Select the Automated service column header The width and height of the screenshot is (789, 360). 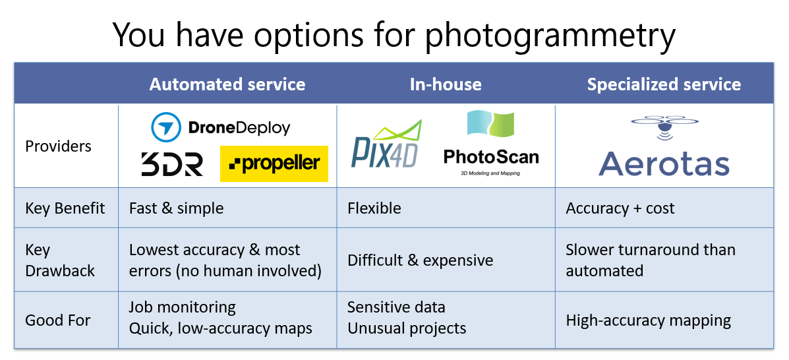coord(227,84)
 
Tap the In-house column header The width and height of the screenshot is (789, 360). coord(446,84)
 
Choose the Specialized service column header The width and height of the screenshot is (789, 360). coord(664,84)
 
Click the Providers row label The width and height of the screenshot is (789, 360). coord(59,146)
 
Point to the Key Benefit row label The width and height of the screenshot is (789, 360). coord(65,208)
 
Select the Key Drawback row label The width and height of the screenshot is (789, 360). coord(60,260)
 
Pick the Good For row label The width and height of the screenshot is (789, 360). coord(58,321)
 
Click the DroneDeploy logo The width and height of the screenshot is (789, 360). coord(221,127)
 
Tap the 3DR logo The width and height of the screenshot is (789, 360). coord(171,164)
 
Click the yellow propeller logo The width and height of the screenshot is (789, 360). coord(274,164)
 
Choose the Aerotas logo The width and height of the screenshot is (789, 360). coord(664,148)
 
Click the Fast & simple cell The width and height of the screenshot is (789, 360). coord(176,208)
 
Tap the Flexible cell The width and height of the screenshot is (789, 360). coord(374,208)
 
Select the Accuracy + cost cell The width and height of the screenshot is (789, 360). coord(620,208)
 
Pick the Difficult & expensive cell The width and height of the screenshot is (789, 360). coord(420,260)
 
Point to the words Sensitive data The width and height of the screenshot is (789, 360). coord(396,307)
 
